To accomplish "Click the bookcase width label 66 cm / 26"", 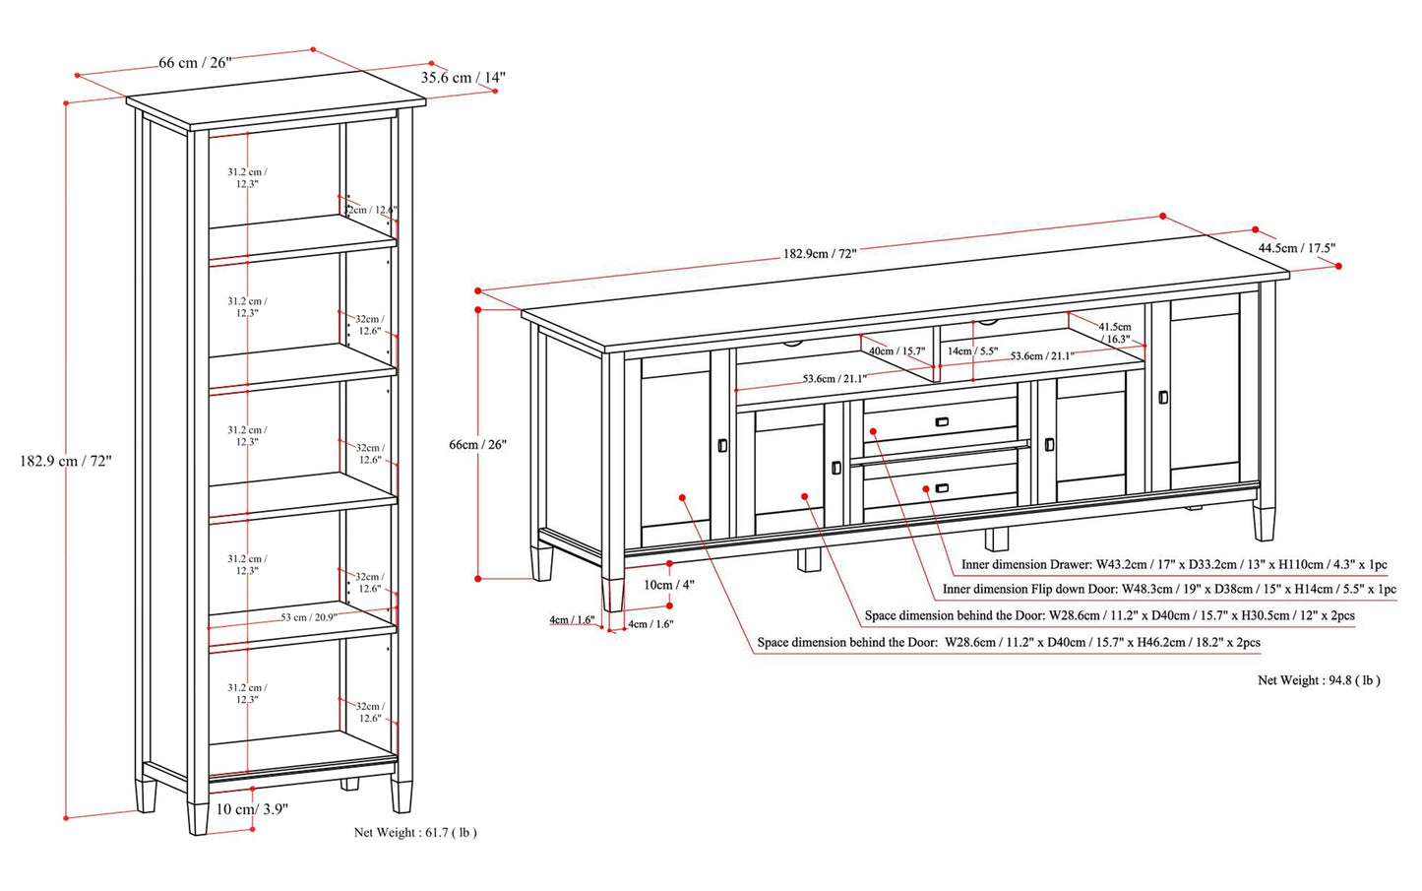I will (x=195, y=63).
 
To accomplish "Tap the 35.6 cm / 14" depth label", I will (x=464, y=77).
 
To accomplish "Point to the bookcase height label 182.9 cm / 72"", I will (x=66, y=460).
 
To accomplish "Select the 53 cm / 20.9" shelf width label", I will (x=308, y=617).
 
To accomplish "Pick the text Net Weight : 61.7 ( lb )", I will (x=415, y=833).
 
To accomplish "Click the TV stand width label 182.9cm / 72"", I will (x=820, y=253).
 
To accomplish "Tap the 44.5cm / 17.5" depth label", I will (x=1296, y=248).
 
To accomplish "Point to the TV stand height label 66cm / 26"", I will (x=477, y=444).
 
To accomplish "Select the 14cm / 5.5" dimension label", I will (x=972, y=350).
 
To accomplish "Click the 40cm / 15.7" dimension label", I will (x=896, y=350).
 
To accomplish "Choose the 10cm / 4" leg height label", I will (x=669, y=584).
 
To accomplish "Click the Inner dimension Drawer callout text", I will (x=1174, y=565).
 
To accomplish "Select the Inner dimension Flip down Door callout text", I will (x=1169, y=589).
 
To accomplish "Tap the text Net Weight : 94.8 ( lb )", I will (x=1319, y=680).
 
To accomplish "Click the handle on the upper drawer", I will (x=942, y=422).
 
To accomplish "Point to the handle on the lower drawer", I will (x=941, y=488).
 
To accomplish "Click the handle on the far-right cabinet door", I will (x=1163, y=397).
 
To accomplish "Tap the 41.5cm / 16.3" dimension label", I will (x=1115, y=333).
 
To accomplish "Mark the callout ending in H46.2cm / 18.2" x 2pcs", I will (x=1009, y=643).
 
